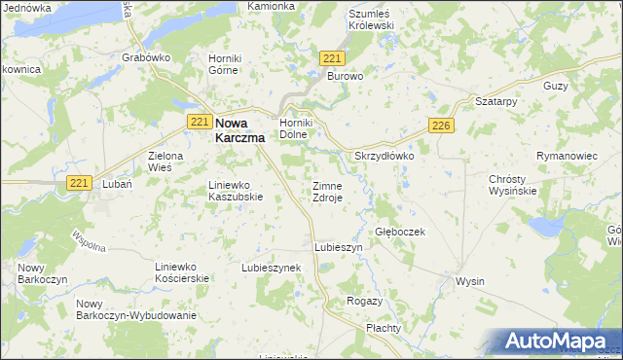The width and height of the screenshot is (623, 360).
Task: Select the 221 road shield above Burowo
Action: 331,59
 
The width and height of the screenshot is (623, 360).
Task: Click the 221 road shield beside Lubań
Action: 79,182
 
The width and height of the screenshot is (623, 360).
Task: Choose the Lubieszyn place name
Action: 338,248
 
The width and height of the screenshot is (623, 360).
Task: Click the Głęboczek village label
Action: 400,233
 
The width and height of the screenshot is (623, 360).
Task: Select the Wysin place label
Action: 470,281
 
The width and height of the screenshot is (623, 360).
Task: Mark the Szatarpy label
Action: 495,101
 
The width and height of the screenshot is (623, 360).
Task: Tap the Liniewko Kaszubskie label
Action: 237,190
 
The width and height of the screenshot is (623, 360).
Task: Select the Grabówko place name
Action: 147,57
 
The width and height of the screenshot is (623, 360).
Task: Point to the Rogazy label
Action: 364,302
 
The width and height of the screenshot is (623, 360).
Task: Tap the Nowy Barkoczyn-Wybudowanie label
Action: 135,309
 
